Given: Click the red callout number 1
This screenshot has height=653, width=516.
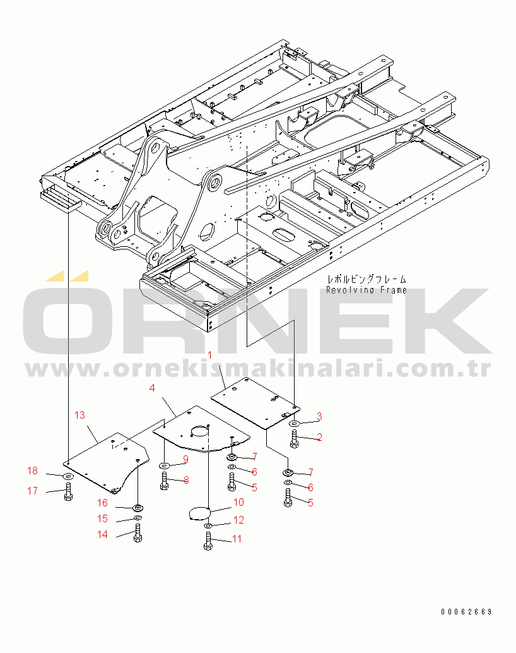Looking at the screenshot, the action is [210, 356].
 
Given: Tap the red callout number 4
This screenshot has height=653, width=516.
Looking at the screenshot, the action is [152, 388].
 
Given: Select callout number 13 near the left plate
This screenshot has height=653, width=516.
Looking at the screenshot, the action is [79, 415].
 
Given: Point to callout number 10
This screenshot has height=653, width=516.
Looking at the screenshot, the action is [238, 502].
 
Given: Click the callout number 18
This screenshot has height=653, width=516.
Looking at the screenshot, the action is [32, 470].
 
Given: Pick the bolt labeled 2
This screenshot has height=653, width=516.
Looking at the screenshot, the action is [294, 440].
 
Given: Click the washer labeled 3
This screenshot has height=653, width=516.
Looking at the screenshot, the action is [295, 424].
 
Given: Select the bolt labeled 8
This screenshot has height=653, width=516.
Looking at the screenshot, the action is [164, 481].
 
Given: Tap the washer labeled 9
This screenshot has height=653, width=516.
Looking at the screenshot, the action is [165, 465].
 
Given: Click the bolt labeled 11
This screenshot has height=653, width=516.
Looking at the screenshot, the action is [208, 541].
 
